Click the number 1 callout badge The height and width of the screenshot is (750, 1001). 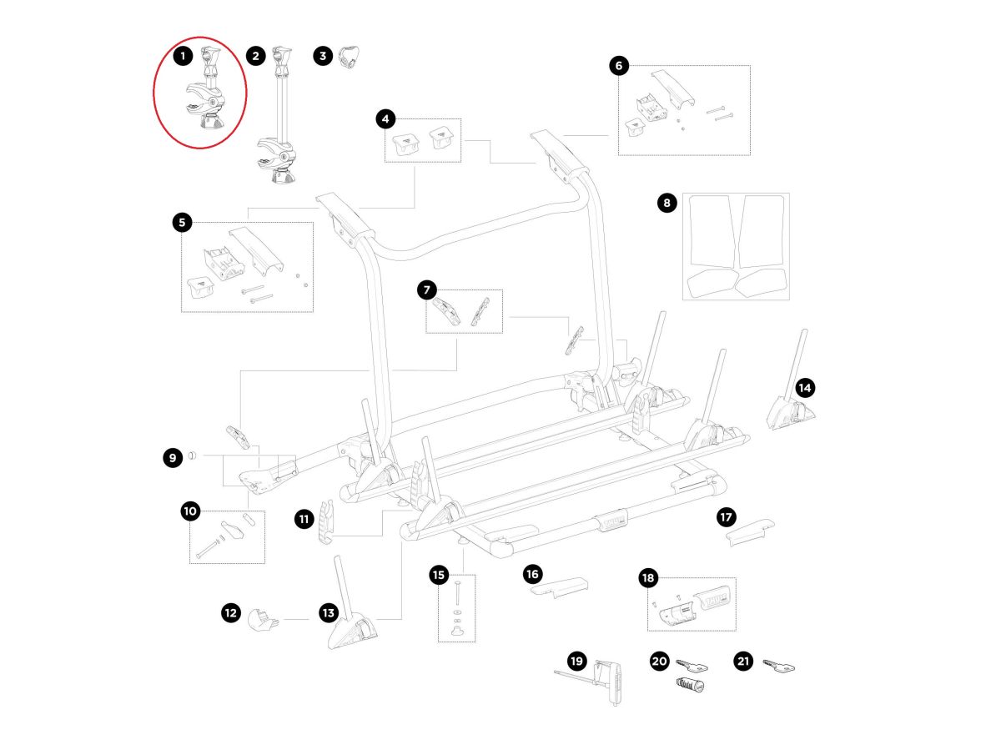(183, 57)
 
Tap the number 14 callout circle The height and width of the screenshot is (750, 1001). (804, 387)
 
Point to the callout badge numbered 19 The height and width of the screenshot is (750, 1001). (576, 661)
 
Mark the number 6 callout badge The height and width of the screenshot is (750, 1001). (618, 66)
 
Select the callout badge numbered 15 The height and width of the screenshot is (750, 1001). (439, 574)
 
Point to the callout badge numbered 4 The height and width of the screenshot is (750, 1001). (385, 119)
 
